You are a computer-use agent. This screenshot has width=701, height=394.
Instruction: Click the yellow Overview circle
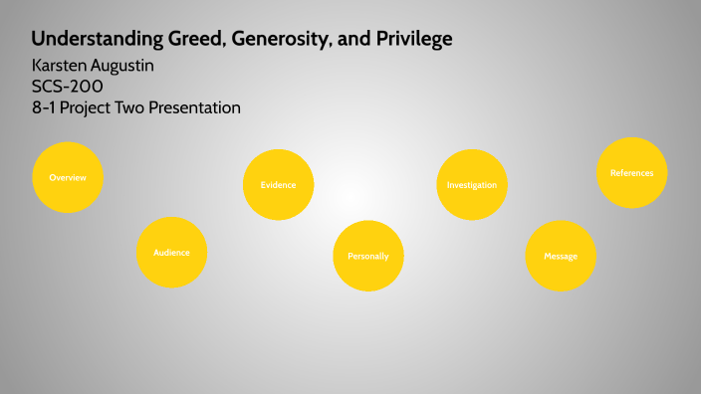68,177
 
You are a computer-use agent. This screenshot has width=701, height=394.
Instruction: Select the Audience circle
171,252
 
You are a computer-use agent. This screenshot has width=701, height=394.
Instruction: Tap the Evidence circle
278,185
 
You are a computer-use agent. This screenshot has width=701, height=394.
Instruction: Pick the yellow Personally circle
367,256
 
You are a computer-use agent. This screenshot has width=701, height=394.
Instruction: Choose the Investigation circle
471,185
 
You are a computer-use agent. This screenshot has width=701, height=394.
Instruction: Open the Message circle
561,256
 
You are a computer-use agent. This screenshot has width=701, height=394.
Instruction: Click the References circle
631,173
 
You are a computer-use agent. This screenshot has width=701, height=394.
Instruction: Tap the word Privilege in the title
411,40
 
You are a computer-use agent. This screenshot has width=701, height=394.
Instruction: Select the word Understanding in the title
86,40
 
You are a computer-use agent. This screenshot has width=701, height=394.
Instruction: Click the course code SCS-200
67,86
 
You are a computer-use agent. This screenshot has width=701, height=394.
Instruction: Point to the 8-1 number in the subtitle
44,106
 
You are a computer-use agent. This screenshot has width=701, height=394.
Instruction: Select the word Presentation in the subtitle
192,106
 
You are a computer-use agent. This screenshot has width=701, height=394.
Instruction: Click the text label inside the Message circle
561,257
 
